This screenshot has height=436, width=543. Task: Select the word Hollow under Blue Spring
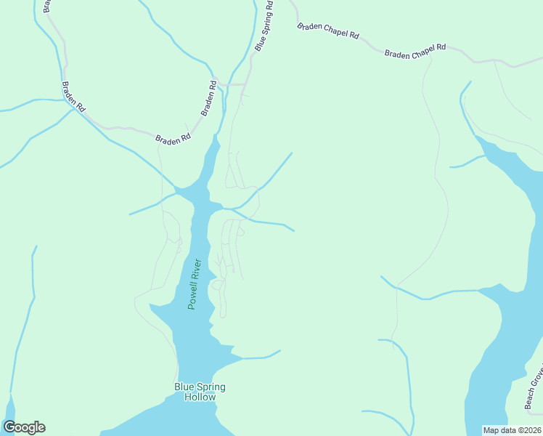click(x=200, y=397)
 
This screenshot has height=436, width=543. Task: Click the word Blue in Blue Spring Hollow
click(x=184, y=387)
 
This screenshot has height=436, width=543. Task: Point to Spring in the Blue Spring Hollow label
click(x=211, y=387)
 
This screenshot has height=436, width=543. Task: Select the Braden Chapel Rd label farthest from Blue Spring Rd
click(x=415, y=52)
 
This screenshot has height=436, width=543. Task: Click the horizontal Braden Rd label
click(x=173, y=138)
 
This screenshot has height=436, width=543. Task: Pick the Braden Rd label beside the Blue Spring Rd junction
click(x=209, y=98)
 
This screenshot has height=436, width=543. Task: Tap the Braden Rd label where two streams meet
click(x=73, y=96)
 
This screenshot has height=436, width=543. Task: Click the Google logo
click(x=24, y=427)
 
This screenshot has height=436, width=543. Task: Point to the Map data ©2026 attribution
click(x=512, y=430)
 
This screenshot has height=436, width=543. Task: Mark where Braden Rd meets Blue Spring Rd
click(x=221, y=85)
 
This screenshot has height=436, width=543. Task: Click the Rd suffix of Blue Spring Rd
click(x=269, y=7)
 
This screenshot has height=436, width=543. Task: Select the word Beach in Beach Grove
click(x=530, y=397)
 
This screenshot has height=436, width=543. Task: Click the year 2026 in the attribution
click(x=529, y=430)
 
